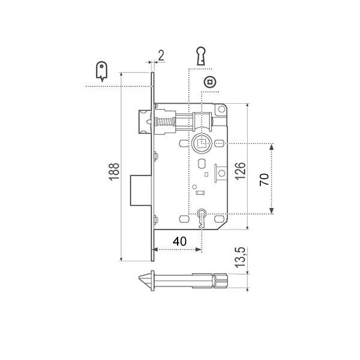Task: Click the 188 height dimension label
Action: (x=113, y=174)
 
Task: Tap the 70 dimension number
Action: (x=263, y=179)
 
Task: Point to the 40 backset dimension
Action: (x=179, y=241)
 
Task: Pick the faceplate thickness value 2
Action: (x=160, y=56)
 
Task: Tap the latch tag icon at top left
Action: (x=101, y=71)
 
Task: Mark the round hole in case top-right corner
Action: (x=221, y=110)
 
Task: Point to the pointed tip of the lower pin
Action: (x=144, y=280)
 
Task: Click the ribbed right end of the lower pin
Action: (x=221, y=280)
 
